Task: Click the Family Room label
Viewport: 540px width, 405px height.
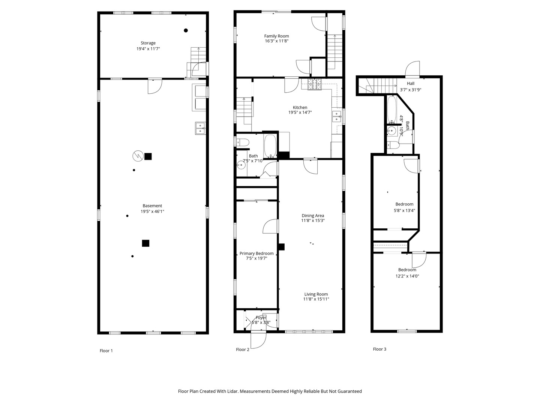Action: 276,36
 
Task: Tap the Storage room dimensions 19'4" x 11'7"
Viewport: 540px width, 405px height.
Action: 148,49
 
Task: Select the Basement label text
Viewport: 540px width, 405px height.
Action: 152,206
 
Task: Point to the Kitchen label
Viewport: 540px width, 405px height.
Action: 300,108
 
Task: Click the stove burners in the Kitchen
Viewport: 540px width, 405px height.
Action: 314,84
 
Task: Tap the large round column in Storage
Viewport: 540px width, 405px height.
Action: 186,30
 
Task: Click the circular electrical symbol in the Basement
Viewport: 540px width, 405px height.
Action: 138,156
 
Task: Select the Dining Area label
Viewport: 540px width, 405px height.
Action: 313,216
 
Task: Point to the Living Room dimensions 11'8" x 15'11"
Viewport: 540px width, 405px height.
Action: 316,299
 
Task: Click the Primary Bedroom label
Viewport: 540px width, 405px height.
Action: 256,253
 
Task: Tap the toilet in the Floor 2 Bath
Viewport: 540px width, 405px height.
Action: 243,142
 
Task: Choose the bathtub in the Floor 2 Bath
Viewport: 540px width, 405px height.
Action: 270,146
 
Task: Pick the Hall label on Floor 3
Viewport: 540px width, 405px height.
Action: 410,84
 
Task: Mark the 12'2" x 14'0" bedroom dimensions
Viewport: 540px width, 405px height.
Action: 407,276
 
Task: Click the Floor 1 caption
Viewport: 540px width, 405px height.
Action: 106,351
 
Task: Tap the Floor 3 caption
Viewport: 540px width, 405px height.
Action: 379,349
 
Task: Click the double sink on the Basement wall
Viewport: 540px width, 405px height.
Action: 201,128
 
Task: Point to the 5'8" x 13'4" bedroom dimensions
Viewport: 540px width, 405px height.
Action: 404,210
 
